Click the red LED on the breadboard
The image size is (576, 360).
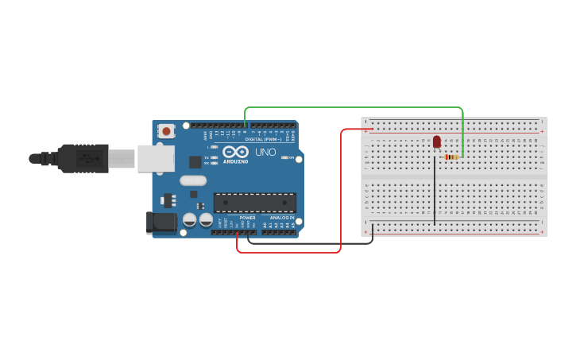coord(437,141)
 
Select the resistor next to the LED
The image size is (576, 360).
coord(451,157)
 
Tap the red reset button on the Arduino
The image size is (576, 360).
coord(166,130)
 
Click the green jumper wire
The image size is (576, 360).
coord(354,107)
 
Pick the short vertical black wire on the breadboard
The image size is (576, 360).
coord(435,191)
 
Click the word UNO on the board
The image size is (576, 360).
coord(265,152)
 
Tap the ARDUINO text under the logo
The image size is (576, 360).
coord(235,161)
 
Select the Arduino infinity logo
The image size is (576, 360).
coord(235,151)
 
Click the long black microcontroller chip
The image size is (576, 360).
coord(254,203)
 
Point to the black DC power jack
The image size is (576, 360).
coord(161,223)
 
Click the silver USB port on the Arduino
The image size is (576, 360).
coord(156,158)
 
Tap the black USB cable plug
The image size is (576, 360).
coord(83,158)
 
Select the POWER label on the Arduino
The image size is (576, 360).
coord(248,218)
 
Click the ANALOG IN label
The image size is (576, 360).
coord(282,218)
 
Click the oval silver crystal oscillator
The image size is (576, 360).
coord(193,180)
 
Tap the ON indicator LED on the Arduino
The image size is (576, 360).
coord(285,157)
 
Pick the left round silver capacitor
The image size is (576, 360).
coord(190,219)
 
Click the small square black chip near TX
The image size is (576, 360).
coord(195,162)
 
